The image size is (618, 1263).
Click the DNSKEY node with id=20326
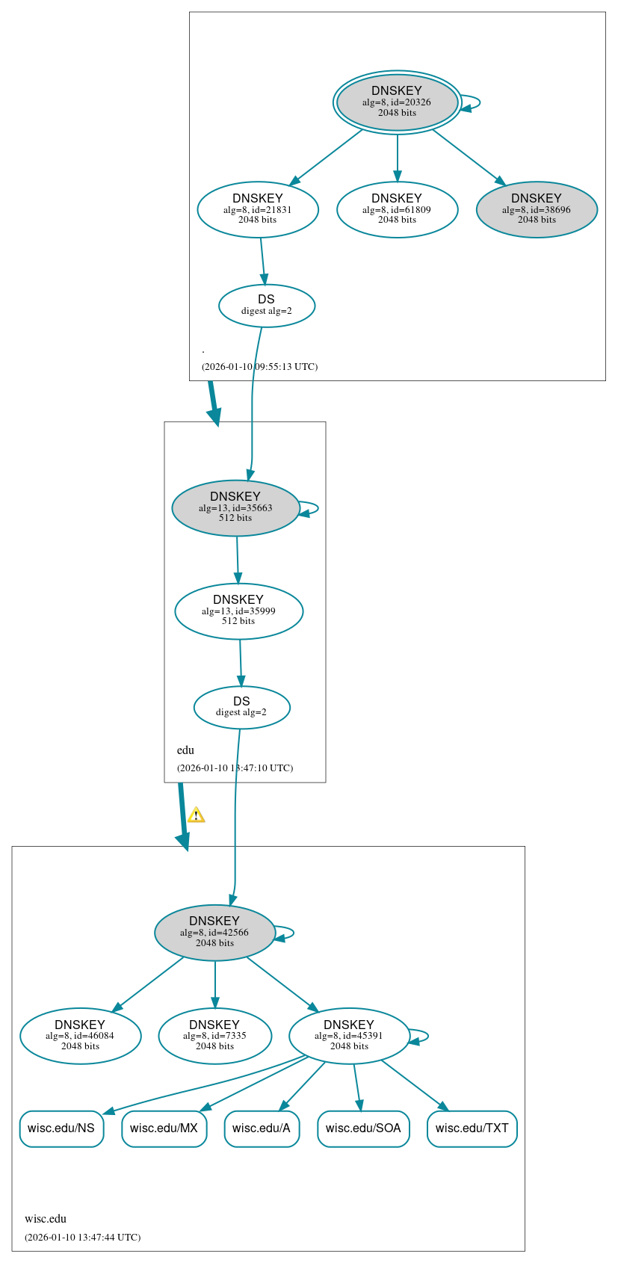point(397,102)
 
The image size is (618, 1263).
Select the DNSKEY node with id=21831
point(258,210)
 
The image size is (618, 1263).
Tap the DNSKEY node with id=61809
point(397,210)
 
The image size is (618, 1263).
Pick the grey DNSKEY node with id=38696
point(537,210)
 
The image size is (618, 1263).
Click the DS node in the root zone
point(267,306)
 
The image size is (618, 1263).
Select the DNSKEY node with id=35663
point(235,508)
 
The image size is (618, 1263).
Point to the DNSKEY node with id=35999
point(238,611)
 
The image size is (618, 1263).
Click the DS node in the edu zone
point(241,707)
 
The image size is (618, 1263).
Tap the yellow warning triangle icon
point(196,815)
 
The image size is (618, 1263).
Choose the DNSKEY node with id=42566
point(214,933)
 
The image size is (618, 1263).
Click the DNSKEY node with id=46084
point(80,1036)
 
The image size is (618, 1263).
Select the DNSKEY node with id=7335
point(214,1036)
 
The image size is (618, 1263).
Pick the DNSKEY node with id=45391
point(349,1036)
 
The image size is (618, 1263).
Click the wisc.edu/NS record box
point(61,1128)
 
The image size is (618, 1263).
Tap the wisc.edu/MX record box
point(164,1128)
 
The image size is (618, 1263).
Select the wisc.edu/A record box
point(262,1128)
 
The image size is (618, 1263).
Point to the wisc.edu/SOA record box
point(363,1128)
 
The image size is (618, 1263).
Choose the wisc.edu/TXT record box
point(472,1128)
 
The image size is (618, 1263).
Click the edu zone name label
point(185,750)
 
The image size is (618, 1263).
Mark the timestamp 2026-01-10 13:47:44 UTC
point(82,1238)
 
